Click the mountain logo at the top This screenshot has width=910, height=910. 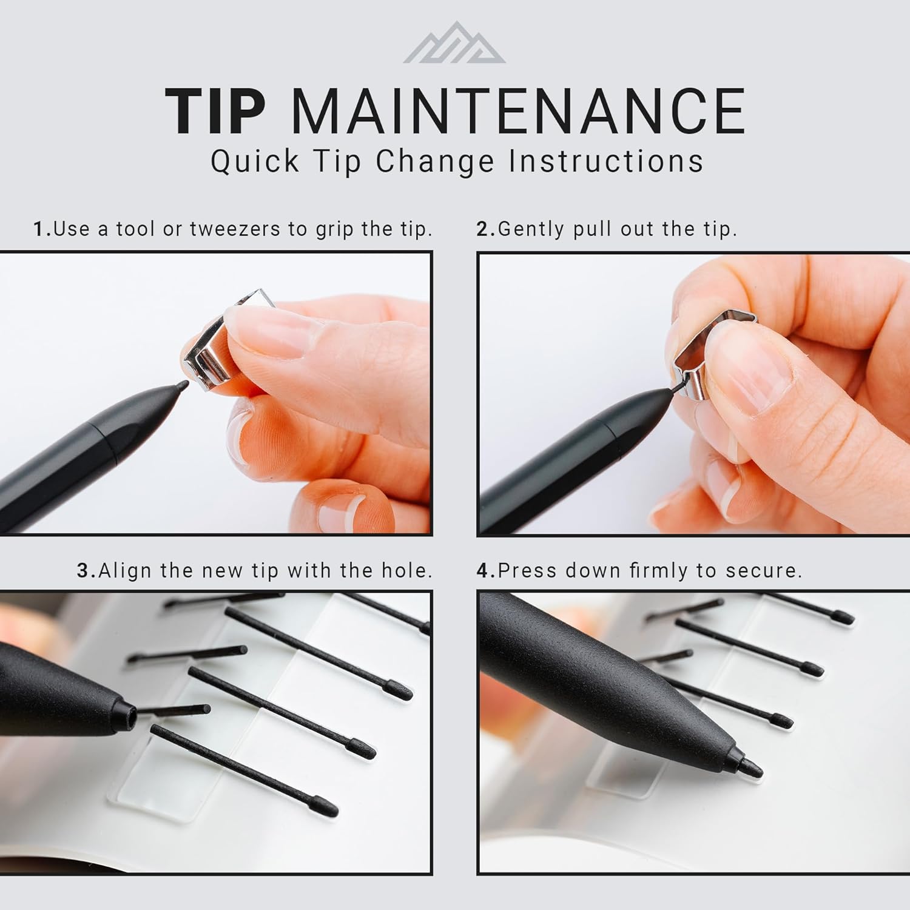[454, 44]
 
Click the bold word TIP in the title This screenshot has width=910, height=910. [215, 112]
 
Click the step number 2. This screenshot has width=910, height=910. [484, 229]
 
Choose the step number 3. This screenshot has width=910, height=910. [84, 571]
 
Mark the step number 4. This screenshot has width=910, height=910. [484, 571]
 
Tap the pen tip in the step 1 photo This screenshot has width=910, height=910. [181, 385]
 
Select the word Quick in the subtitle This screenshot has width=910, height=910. [255, 161]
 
